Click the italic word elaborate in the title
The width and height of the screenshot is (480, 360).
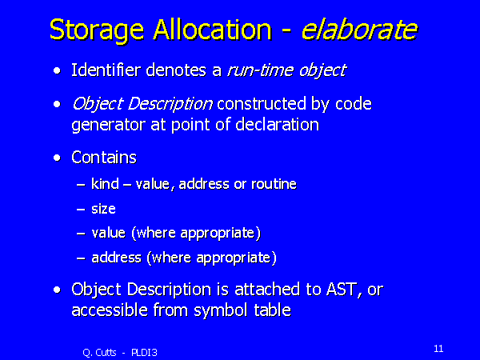pyautogui.click(x=358, y=30)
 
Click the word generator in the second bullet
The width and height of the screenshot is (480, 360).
pyautogui.click(x=106, y=125)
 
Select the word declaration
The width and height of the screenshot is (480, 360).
pyautogui.click(x=277, y=125)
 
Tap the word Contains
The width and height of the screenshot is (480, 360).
pyautogui.click(x=104, y=158)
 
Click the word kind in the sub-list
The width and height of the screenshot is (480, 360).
pyautogui.click(x=105, y=184)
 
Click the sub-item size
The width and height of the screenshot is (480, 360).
pyautogui.click(x=104, y=209)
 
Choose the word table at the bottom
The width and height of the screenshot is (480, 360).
pyautogui.click(x=270, y=310)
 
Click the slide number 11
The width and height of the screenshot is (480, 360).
pyautogui.click(x=438, y=348)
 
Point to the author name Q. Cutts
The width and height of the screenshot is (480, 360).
pyautogui.click(x=99, y=351)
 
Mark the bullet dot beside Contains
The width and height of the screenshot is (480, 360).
pyautogui.click(x=57, y=158)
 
